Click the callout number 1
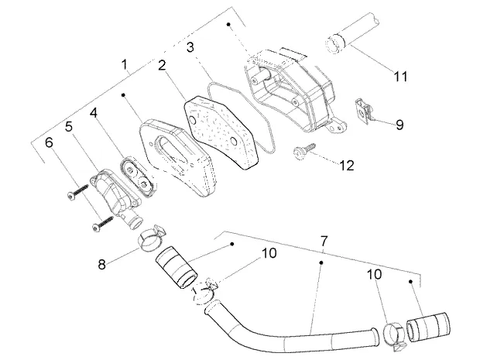coord(125,64)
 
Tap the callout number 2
coord(163,66)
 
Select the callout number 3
coord(190,47)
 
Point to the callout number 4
coord(94,113)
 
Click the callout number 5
coord(69,126)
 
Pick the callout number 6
coord(49,142)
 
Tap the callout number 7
coord(324,242)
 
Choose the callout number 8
coord(102,264)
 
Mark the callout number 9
coord(399,125)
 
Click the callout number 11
coord(400,77)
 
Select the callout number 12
coord(347,166)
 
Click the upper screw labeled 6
coord(77,192)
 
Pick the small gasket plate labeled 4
coord(137,176)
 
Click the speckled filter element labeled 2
coord(221,132)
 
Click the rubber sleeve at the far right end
coord(428,327)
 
